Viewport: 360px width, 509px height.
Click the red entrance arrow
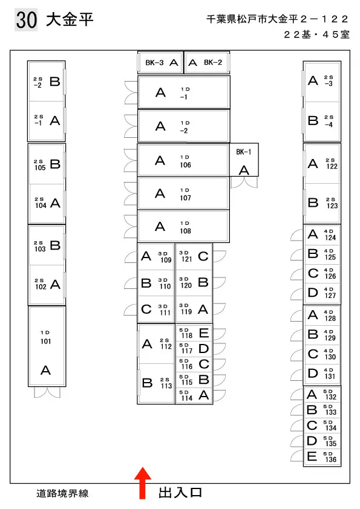[143, 483]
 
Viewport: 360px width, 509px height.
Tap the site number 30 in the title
[26, 20]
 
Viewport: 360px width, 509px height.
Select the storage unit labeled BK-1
[244, 160]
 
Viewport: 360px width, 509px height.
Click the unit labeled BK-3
[160, 62]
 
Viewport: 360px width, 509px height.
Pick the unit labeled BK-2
[207, 62]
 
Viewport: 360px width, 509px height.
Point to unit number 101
[47, 346]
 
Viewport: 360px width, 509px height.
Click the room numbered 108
[183, 227]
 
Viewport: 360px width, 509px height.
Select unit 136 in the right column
[322, 458]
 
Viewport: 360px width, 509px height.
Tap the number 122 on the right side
[332, 166]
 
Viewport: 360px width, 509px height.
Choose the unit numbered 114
[194, 396]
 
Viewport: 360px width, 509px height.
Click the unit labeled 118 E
[194, 332]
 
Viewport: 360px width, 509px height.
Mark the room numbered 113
[156, 383]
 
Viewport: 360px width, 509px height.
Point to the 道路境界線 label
[62, 494]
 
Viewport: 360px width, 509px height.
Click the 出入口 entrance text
[180, 493]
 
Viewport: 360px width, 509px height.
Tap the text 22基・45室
[316, 34]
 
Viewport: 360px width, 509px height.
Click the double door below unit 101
[47, 392]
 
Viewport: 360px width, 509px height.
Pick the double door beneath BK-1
[244, 182]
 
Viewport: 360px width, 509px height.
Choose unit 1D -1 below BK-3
[184, 92]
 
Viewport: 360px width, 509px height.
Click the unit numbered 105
[47, 164]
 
